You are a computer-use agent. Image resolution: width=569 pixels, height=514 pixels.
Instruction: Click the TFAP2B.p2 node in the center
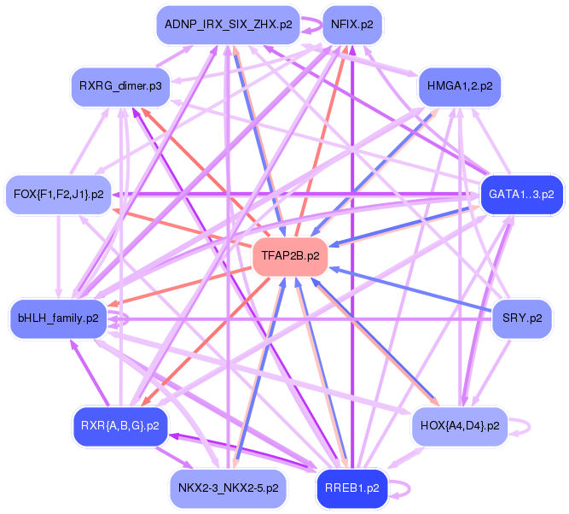pyautogui.click(x=290, y=255)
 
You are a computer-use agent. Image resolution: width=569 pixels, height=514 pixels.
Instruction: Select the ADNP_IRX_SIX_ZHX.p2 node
pyautogui.click(x=228, y=25)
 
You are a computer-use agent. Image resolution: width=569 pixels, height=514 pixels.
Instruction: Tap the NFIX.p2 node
pyautogui.click(x=351, y=25)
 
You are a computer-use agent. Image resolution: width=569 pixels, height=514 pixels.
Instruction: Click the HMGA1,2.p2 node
pyautogui.click(x=459, y=85)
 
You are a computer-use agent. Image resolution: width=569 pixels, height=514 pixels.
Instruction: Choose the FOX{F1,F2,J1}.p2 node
pyautogui.click(x=58, y=195)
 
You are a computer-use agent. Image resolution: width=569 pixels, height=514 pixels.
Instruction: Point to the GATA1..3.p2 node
pyautogui.click(x=521, y=195)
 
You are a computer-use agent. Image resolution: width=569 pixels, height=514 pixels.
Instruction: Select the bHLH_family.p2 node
pyautogui.click(x=58, y=318)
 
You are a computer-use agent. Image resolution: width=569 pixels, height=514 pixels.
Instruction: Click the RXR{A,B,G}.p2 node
pyautogui.click(x=119, y=424)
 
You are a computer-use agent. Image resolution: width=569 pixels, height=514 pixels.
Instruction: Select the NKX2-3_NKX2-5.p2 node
pyautogui.click(x=228, y=488)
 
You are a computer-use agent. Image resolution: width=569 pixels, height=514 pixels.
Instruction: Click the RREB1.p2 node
pyautogui.click(x=351, y=488)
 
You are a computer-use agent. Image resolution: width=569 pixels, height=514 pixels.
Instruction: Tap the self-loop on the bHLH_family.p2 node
pyautogui.click(x=125, y=319)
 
